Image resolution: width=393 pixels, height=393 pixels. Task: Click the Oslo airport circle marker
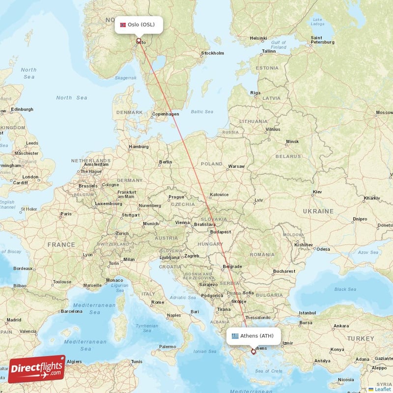139,41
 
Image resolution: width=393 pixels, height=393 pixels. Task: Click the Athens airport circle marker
253,351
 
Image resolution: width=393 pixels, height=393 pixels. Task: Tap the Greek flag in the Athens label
235,336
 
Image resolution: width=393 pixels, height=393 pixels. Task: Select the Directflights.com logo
36,369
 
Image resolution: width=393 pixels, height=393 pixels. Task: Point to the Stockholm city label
212,53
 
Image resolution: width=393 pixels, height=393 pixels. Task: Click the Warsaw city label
236,166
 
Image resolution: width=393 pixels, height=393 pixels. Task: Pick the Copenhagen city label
166,114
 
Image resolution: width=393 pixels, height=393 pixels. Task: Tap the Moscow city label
384,112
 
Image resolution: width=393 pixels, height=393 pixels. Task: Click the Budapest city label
220,232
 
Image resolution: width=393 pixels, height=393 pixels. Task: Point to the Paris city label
65,214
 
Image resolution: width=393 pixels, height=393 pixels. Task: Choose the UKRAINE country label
318,211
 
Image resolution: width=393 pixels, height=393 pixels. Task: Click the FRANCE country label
61,244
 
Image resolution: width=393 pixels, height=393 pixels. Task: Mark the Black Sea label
345,289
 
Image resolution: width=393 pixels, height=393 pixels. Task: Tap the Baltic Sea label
202,112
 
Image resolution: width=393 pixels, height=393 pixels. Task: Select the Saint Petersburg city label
323,40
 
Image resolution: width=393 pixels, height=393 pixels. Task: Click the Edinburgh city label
23,109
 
